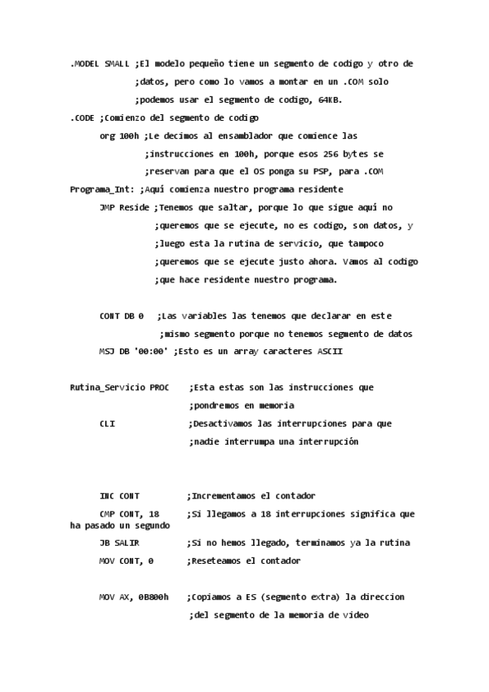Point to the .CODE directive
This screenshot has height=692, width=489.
point(82,118)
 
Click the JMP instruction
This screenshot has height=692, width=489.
point(107,207)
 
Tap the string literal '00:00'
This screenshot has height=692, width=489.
point(151,351)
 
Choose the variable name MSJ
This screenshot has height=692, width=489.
point(107,351)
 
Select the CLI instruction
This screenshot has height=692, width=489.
point(107,424)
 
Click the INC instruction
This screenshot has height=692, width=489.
point(107,496)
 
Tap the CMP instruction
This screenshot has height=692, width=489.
point(107,514)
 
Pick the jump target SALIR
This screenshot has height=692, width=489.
point(129,543)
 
